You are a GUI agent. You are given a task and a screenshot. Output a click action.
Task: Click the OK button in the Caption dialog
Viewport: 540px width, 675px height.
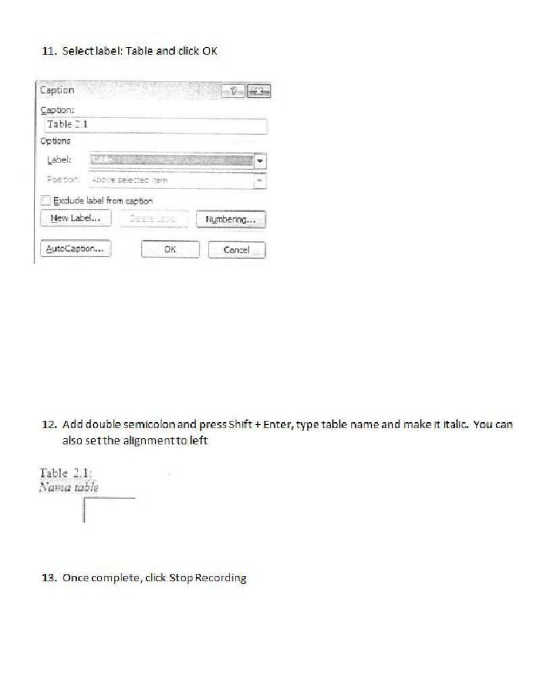coord(170,250)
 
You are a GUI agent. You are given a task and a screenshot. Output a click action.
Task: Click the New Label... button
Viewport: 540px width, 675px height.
coord(76,218)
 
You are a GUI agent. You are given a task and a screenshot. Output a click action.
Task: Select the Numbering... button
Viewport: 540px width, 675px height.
coord(231,220)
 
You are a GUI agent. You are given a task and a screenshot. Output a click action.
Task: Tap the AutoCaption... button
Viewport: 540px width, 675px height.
coord(75,249)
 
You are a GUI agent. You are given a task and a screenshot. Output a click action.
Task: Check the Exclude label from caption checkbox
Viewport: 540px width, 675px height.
coord(46,200)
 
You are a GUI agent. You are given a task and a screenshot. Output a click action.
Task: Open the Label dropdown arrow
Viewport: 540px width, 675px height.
coord(261,161)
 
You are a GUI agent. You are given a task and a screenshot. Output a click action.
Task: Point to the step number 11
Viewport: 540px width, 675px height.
coord(49,51)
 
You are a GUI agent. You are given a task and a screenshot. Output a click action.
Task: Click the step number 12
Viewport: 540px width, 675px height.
coord(49,425)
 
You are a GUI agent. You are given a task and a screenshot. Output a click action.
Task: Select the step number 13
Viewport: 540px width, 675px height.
coord(49,578)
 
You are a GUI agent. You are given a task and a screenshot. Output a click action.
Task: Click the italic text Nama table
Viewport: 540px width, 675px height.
coord(69,487)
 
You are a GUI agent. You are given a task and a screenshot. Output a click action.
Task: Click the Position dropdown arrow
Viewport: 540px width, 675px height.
coord(261,181)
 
